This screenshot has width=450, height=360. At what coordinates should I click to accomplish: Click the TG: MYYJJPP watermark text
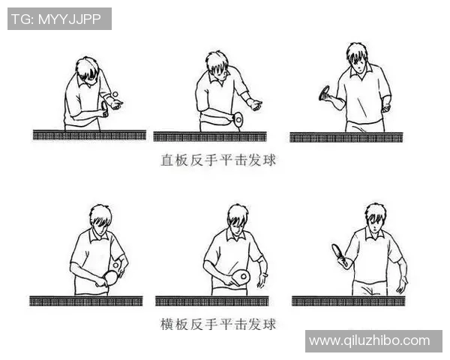59,19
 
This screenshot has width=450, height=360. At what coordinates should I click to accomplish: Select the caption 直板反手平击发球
217,160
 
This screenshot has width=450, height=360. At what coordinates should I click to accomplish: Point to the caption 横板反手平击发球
217,325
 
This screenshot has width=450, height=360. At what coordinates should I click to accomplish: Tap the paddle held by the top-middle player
238,118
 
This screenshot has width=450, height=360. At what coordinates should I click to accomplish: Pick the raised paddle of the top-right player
325,92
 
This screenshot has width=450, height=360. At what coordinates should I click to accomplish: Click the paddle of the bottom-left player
111,277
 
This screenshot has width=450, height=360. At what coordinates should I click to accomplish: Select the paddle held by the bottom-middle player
241,277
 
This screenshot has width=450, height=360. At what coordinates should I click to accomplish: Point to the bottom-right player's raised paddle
338,251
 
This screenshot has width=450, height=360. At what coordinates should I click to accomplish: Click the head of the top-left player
86,68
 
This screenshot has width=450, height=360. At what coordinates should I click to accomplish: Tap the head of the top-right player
357,55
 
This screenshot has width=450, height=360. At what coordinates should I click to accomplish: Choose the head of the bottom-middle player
237,217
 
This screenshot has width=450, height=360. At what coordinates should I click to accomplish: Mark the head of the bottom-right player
375,215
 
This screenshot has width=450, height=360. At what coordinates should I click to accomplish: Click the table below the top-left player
89,135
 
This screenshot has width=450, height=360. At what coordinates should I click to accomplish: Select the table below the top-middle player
209,136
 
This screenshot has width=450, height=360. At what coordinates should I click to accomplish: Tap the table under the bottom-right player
348,301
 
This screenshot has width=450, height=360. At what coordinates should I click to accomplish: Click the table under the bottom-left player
85,301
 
